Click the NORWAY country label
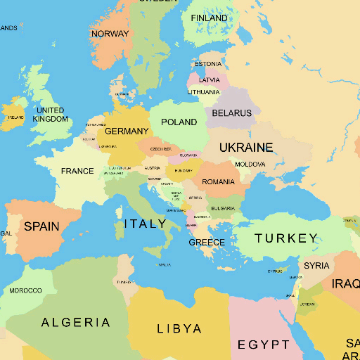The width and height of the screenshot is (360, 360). tap(110, 34)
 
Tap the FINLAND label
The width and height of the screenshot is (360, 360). tap(209, 18)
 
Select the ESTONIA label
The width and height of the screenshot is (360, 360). tap(208, 65)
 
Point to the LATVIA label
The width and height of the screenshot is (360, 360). tap(209, 80)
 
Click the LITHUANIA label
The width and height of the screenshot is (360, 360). tap(204, 92)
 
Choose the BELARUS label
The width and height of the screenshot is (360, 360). tap(231, 113)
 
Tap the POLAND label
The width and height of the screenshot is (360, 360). tap(179, 122)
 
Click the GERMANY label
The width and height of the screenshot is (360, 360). tap(127, 131)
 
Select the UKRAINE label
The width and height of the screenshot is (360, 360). tap(246, 148)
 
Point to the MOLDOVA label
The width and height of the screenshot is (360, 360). tap(250, 165)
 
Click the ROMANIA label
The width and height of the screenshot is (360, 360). tap(218, 182)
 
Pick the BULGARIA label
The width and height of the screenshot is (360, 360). tap(223, 209)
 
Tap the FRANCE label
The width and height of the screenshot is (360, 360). tap(77, 171)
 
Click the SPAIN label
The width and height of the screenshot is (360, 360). tap(41, 226)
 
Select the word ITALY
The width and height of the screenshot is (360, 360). tap(146, 224)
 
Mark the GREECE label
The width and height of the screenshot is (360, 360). tap(207, 243)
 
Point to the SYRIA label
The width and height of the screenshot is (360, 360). tap(316, 266)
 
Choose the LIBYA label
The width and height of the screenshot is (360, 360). tap(179, 328)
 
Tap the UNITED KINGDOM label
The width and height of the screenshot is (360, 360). tap(50, 115)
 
